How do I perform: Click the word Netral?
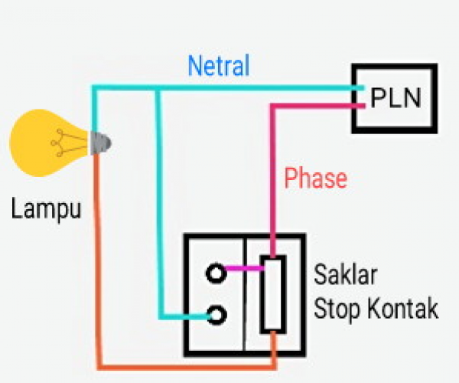pyautogui.click(x=219, y=66)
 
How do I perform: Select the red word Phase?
pyautogui.click(x=315, y=178)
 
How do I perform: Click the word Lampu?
pyautogui.click(x=46, y=208)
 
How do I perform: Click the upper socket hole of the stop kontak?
pyautogui.click(x=216, y=271)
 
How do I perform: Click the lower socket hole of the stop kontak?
pyautogui.click(x=216, y=314)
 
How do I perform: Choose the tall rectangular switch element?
pyautogui.click(x=273, y=294)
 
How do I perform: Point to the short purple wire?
pyautogui.click(x=244, y=269)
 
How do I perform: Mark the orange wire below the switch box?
pyautogui.click(x=184, y=368)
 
